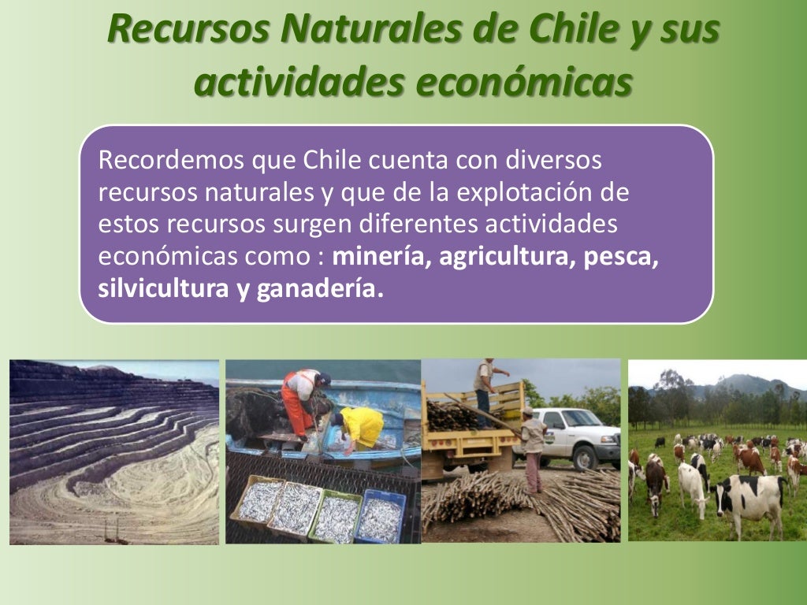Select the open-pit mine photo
coord(114,452)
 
